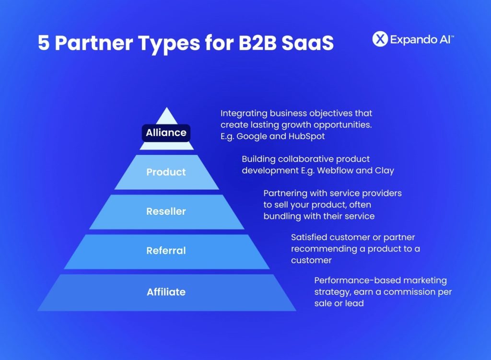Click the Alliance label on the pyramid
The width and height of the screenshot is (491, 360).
(x=166, y=133)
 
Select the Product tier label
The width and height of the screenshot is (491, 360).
(x=166, y=172)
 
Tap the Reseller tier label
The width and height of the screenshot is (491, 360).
(x=166, y=211)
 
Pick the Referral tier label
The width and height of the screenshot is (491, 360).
(x=166, y=251)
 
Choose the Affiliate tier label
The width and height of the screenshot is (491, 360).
(x=166, y=292)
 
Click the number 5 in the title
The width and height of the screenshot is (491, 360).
(x=44, y=43)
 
